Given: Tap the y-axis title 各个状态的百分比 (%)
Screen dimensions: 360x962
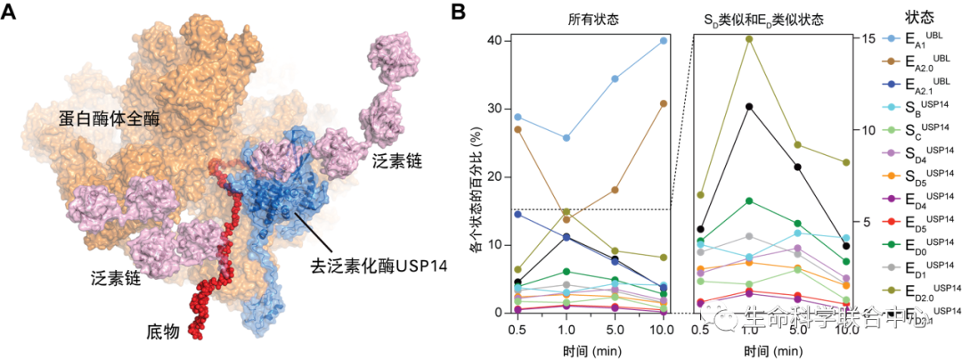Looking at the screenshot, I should [475, 176].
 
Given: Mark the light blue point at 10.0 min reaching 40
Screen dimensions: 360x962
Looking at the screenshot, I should [664, 40].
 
